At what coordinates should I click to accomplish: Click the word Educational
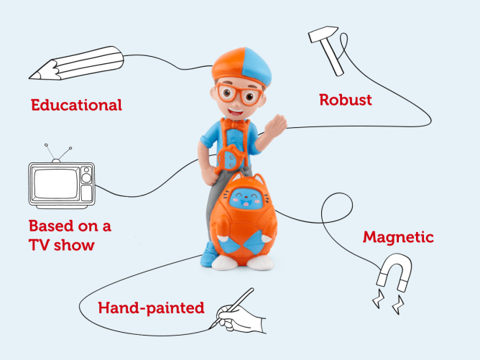pos(76,105)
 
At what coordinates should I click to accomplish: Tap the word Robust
pos(346,100)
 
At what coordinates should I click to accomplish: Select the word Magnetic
pos(398,237)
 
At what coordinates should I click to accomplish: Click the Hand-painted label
pos(151,309)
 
